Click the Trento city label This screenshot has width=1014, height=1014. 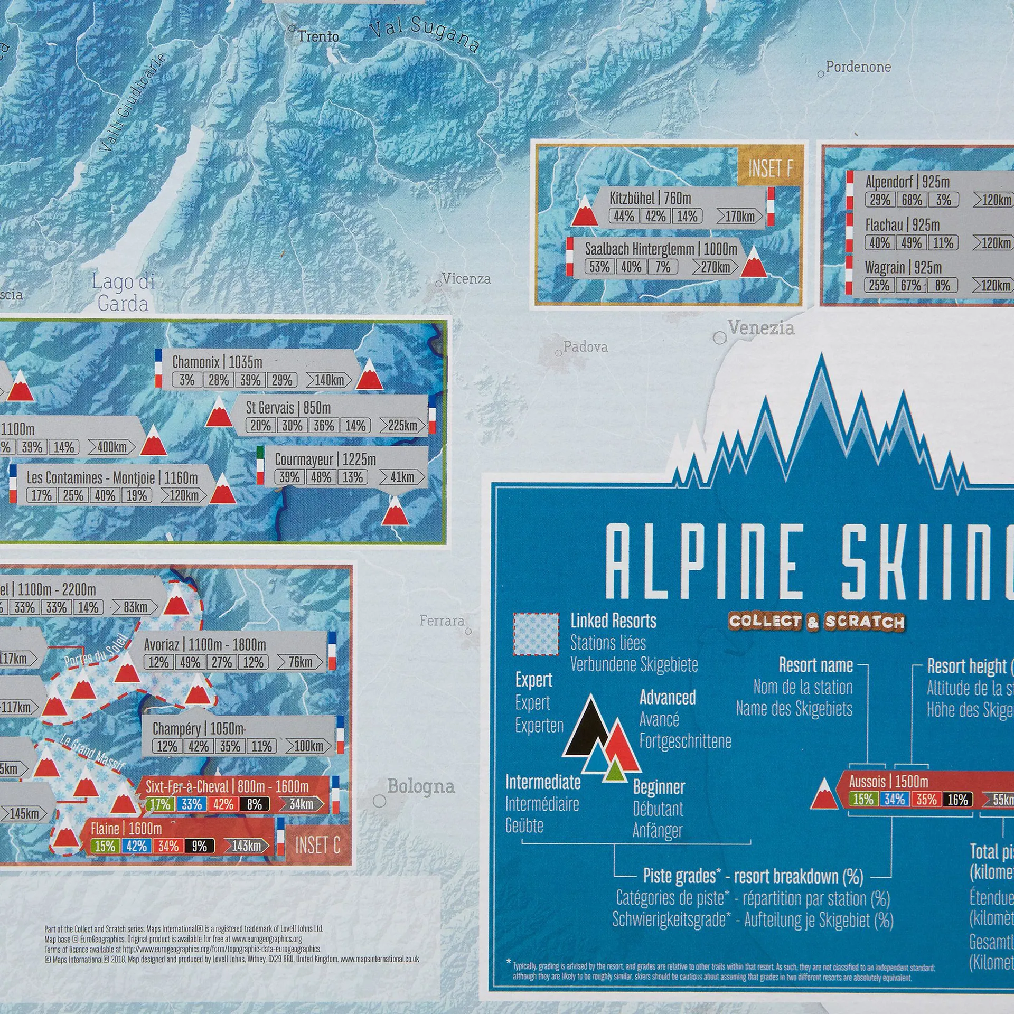(318, 36)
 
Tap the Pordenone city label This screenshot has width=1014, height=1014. (858, 67)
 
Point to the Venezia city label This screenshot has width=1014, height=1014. (760, 327)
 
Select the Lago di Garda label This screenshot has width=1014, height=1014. (123, 293)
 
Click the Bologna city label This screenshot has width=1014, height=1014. (420, 786)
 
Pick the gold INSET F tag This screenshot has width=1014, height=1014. (770, 168)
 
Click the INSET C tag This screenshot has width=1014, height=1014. (317, 845)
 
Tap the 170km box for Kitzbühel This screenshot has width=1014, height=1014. (739, 216)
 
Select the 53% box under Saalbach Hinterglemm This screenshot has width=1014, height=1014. (599, 267)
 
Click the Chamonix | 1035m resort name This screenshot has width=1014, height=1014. (217, 362)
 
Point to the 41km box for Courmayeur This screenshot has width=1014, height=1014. (402, 477)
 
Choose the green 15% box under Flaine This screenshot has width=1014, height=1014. (105, 846)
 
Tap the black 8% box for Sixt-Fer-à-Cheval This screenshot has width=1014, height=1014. (254, 804)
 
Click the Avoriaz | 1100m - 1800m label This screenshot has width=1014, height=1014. (205, 645)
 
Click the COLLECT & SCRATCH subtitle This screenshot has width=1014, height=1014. (816, 622)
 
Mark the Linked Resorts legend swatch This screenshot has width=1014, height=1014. (536, 634)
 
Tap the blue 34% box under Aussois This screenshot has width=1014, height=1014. (895, 799)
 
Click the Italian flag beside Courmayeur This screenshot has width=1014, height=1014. (260, 465)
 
